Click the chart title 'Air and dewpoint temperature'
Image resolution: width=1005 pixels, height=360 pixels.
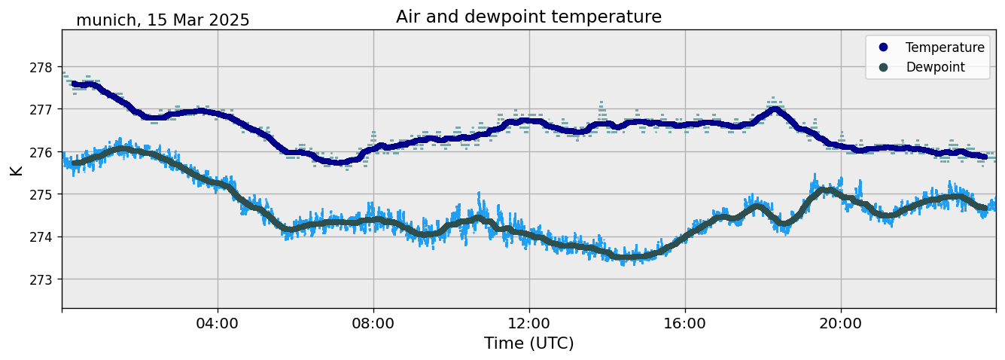(x=528, y=17)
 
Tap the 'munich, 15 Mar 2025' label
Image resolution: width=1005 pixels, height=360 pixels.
(x=163, y=20)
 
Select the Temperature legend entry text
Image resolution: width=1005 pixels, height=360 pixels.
(x=945, y=47)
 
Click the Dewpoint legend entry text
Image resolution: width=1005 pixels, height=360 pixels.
(x=935, y=67)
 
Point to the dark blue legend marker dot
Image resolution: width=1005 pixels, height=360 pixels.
(x=883, y=47)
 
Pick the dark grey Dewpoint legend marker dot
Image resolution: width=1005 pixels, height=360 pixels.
(x=883, y=67)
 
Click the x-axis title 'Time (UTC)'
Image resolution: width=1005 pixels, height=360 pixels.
(x=528, y=343)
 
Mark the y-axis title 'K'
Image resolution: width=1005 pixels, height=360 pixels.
(x=17, y=169)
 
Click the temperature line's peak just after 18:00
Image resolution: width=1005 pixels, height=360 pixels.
(x=775, y=110)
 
